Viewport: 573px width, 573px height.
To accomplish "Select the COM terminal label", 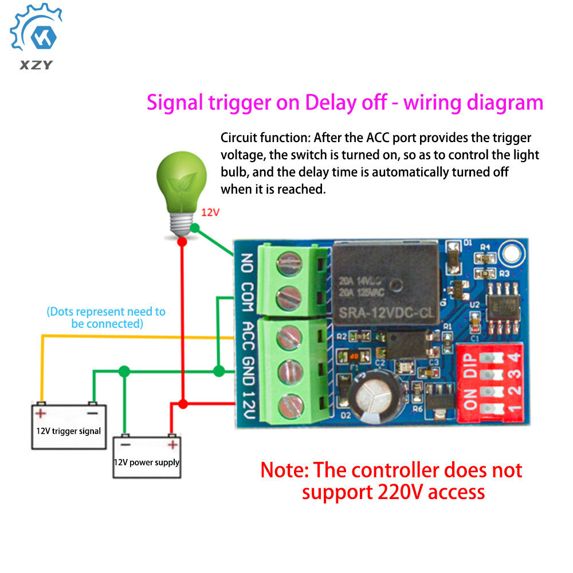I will click(247, 297).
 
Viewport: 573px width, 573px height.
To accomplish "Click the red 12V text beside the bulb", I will click(210, 212).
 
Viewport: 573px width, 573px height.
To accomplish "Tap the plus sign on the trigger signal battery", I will click(41, 413).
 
